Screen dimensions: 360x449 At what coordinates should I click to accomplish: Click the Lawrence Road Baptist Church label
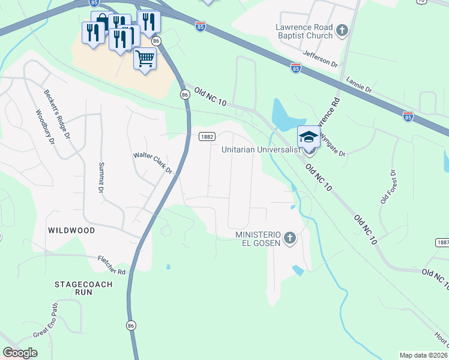point(304,31)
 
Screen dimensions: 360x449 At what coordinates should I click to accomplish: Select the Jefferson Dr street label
point(321,59)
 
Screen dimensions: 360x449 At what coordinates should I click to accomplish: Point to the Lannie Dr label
point(360,84)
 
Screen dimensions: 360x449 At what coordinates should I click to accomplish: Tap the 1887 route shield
point(442,242)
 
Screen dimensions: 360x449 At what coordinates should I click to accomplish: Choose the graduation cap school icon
point(309,136)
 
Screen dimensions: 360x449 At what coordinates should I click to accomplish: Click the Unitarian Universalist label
point(260,150)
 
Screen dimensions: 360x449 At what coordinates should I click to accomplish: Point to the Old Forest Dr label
point(388,187)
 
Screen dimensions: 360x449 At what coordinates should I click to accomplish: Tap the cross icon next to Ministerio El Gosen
point(290,238)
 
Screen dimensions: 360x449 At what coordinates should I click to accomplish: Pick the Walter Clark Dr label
point(152,163)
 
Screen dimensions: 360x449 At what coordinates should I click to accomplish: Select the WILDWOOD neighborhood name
point(71,230)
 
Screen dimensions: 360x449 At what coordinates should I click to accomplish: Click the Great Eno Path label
point(46,321)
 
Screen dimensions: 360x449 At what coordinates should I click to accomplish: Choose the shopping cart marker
point(145,59)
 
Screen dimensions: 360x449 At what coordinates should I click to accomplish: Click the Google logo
point(20,353)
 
